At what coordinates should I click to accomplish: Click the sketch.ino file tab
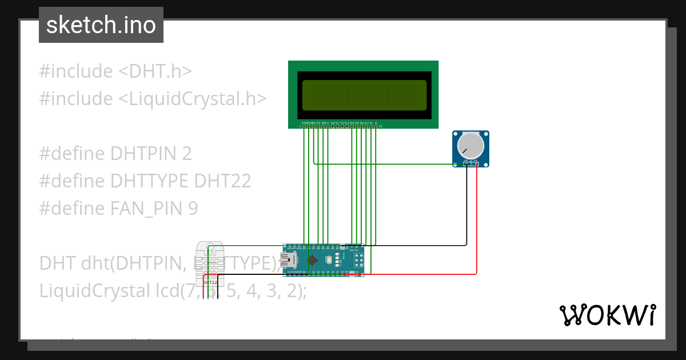pyautogui.click(x=101, y=25)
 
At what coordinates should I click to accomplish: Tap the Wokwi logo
pyautogui.click(x=607, y=315)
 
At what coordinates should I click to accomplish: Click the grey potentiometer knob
pyautogui.click(x=470, y=145)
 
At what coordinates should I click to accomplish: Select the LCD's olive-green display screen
pyautogui.click(x=364, y=95)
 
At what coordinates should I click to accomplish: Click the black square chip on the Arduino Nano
pyautogui.click(x=312, y=261)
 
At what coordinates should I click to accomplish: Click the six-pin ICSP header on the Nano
pyautogui.click(x=359, y=261)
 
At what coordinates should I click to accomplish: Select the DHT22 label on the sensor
pyautogui.click(x=210, y=282)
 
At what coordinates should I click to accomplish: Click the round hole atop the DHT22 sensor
pyautogui.click(x=210, y=248)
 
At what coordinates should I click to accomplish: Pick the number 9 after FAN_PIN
pyautogui.click(x=193, y=209)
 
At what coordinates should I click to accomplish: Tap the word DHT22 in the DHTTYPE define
pyautogui.click(x=222, y=181)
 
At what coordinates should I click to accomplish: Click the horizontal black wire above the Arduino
pyautogui.click(x=417, y=245)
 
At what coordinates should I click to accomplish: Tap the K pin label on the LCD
pyautogui.click(x=376, y=123)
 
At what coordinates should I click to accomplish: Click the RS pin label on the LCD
pyautogui.click(x=318, y=123)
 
